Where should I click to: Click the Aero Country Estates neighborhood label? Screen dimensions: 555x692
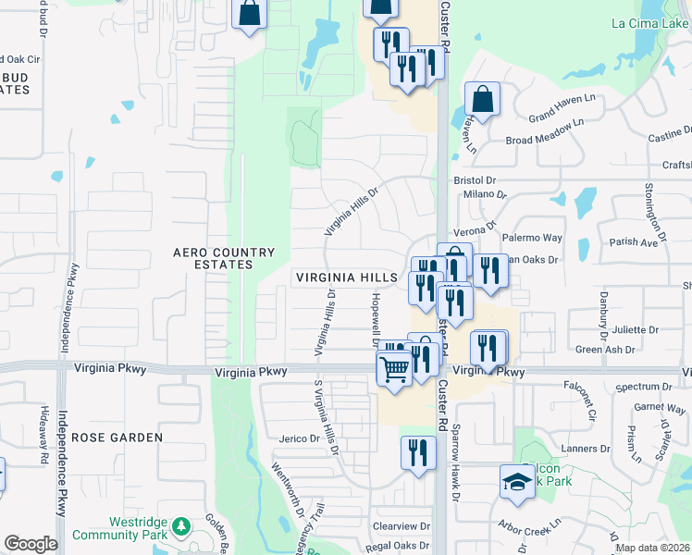click(225, 258)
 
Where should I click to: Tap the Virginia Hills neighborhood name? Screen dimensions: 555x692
click(347, 277)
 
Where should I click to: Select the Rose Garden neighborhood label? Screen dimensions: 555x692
click(117, 437)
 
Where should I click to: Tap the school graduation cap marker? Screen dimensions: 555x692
click(517, 481)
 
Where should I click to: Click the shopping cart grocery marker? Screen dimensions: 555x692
click(395, 369)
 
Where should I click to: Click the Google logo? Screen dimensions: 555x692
click(31, 544)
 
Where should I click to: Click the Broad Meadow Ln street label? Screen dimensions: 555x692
click(546, 133)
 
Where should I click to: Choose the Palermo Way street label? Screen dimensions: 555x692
click(538, 238)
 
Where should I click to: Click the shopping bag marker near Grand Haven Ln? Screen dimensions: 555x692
click(482, 98)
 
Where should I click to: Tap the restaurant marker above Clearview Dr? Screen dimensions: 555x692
click(418, 452)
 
